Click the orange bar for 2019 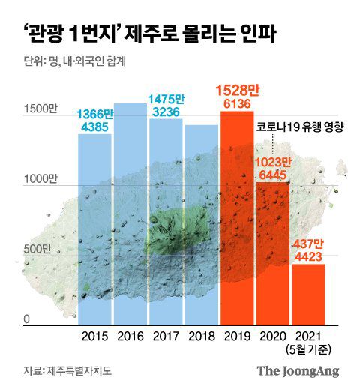[237, 217]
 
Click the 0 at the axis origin [26, 319]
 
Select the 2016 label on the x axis [130, 337]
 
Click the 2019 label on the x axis [237, 337]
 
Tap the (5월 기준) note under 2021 [308, 349]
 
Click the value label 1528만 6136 [238, 97]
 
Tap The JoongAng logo [298, 371]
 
